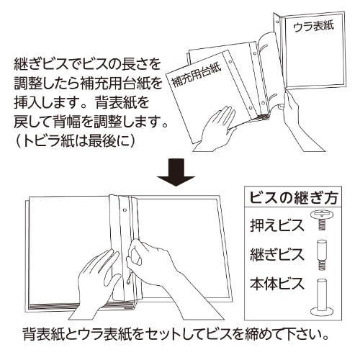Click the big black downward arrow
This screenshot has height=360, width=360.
(176, 172)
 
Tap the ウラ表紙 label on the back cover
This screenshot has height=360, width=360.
(313, 27)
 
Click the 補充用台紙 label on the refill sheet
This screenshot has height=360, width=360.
(197, 75)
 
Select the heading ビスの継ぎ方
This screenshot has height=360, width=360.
(294, 198)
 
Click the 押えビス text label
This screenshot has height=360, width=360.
(277, 225)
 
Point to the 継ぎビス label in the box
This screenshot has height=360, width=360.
(277, 254)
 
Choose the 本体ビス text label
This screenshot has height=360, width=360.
(277, 284)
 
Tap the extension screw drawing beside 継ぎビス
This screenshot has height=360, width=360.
(322, 255)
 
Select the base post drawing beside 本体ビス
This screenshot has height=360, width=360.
(322, 297)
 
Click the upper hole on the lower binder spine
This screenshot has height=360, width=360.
(125, 210)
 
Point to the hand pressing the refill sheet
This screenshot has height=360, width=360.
(218, 130)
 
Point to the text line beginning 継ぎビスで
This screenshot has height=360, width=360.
(87, 64)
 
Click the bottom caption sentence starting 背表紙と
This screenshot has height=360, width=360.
(176, 334)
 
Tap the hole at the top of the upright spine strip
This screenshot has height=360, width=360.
(277, 22)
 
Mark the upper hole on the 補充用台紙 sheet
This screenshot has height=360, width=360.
(230, 63)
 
